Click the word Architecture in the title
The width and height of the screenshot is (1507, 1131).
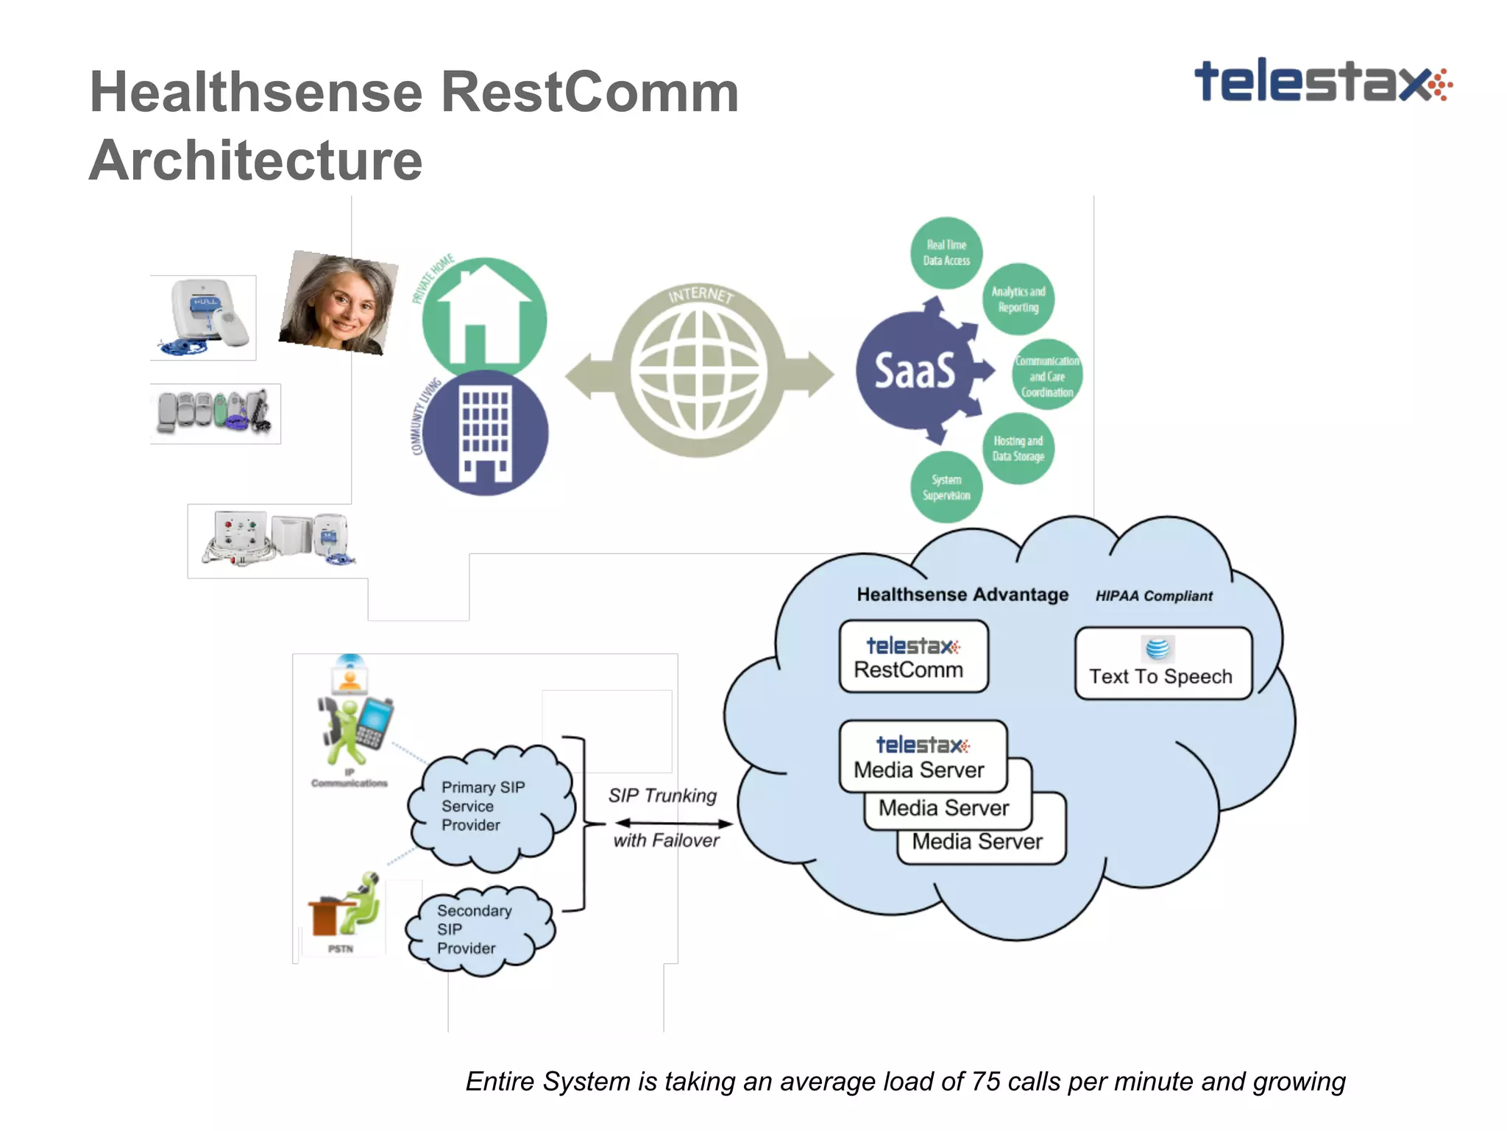tap(255, 160)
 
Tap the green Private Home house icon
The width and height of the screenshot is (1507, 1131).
tap(484, 316)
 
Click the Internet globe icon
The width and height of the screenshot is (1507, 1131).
tap(698, 372)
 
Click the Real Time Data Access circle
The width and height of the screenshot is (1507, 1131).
tap(946, 252)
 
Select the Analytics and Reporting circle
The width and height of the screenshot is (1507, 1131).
tap(1018, 299)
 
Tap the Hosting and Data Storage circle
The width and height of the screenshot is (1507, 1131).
tap(1018, 448)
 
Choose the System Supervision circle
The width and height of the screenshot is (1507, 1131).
tap(946, 487)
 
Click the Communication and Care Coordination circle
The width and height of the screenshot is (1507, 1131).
tap(1046, 375)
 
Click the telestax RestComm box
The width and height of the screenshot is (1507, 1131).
tap(912, 656)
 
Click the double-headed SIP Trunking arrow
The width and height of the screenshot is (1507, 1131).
tap(673, 823)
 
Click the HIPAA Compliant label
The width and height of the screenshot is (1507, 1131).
tap(1153, 596)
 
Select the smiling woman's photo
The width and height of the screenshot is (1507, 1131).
tap(338, 302)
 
